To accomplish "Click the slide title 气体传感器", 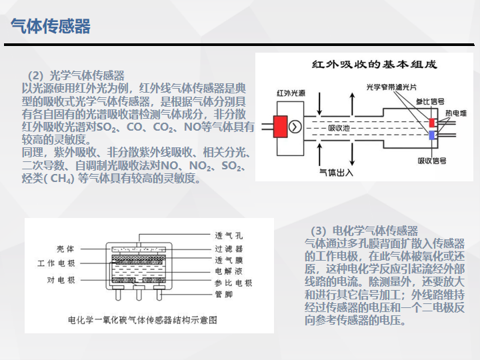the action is tap(51, 26).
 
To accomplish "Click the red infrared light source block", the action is tap(280, 127).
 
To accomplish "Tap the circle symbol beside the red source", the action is tap(295, 127).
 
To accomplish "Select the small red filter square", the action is tap(432, 123).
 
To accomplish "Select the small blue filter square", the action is tap(432, 135).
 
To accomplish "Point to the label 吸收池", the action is tap(339, 128).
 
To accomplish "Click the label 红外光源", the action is tap(291, 93).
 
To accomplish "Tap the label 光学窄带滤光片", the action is tap(391, 87).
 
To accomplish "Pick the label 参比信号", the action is tap(430, 101).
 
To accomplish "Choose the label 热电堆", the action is tap(456, 113).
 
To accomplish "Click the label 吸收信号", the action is tap(432, 161).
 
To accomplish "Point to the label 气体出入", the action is tap(336, 173).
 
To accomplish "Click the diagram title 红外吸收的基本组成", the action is tap(374, 64).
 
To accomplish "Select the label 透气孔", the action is tap(229, 235).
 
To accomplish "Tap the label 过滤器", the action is tap(229, 249).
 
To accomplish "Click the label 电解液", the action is tap(229, 271).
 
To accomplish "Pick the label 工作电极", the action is tap(56, 263).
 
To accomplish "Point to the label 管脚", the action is tap(224, 295).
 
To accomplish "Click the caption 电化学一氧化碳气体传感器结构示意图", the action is tap(143, 320).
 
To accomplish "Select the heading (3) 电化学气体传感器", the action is tap(364, 231).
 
